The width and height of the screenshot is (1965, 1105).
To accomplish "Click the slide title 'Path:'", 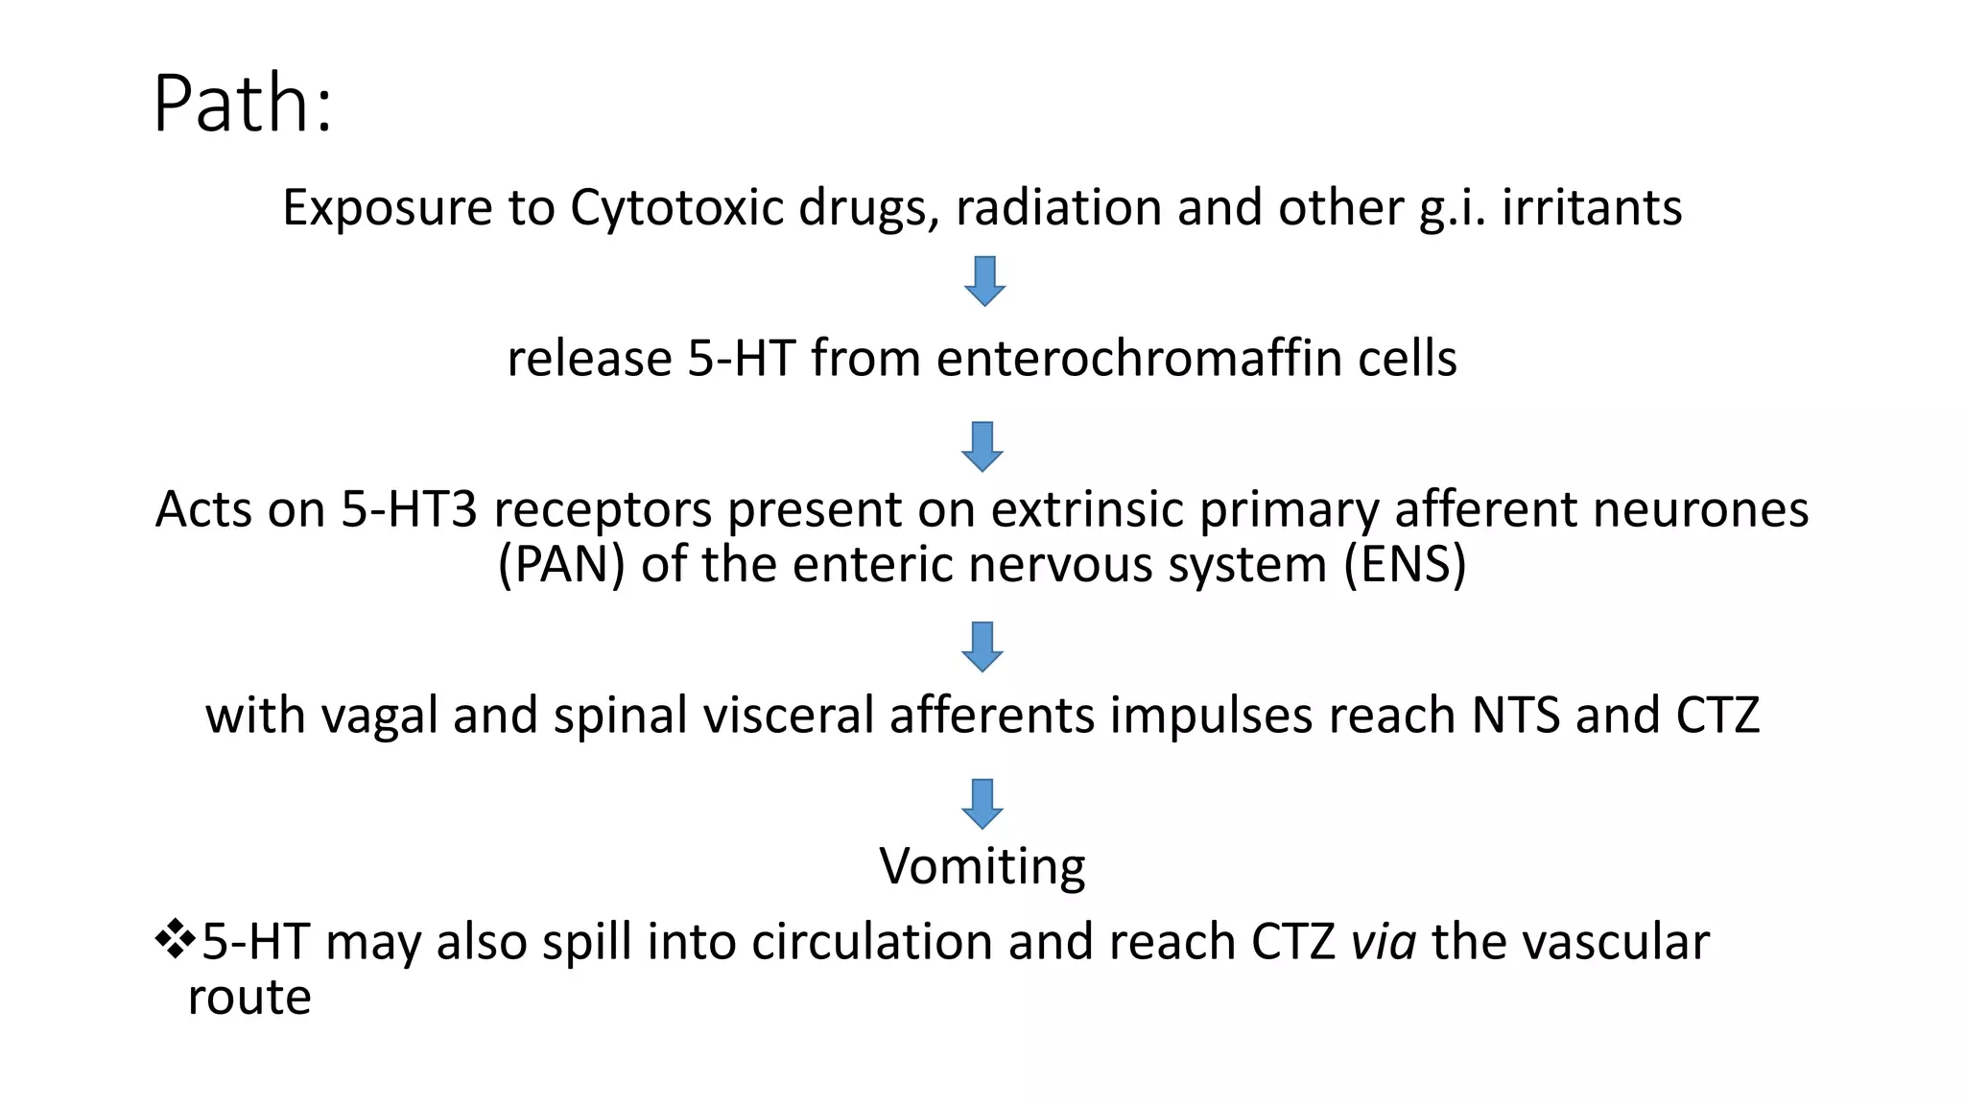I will pos(243,104).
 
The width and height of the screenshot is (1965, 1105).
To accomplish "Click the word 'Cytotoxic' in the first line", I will pos(677,207).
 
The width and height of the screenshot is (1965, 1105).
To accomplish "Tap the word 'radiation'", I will pos(1058,207).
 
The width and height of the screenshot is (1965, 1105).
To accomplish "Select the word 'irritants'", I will pos(1592,207).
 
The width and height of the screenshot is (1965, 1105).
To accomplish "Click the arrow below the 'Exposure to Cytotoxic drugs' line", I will pos(983,281).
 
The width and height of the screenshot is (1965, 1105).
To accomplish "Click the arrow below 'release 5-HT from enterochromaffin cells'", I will pos(982,446).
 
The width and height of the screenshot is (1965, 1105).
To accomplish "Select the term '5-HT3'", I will pos(409,509).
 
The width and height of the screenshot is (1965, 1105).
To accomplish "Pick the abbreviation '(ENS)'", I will pos(1405,564).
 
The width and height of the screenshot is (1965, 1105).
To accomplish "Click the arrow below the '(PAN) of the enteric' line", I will pos(982,647).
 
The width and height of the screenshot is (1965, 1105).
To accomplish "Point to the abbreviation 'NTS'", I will pos(1516,716).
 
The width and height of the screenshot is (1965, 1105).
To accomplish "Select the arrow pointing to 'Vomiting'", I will pos(982,803).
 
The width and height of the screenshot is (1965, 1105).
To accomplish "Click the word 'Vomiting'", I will pos(982,866).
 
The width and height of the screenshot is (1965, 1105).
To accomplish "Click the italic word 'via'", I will pos(1384,942).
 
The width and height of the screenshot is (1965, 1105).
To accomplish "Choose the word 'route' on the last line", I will pos(249,998).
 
